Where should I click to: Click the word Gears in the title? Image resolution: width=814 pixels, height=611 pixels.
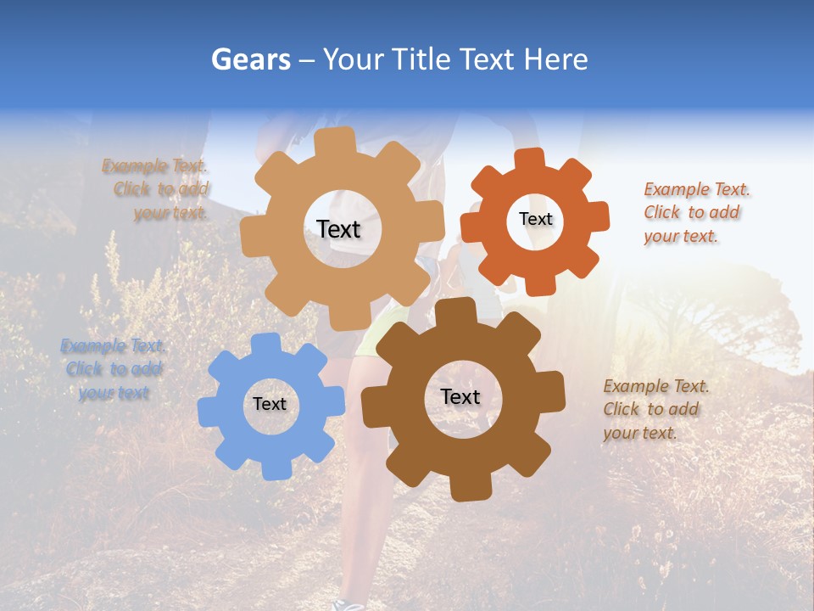click(250, 59)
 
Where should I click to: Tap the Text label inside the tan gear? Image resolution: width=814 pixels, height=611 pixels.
click(338, 229)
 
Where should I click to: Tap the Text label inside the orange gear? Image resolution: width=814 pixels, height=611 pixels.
click(535, 219)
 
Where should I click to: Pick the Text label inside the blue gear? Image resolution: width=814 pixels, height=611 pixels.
click(269, 404)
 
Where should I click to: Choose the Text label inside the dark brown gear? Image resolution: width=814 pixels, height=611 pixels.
click(460, 396)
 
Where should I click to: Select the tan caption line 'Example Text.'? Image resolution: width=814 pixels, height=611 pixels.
click(154, 165)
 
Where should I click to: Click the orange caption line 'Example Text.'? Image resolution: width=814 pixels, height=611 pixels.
click(697, 189)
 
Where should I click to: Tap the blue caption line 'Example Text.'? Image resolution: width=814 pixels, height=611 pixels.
click(113, 345)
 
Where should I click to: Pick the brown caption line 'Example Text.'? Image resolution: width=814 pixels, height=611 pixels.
click(656, 386)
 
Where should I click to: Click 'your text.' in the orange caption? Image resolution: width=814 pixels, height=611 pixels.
click(681, 237)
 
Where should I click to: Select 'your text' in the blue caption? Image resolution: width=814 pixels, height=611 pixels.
click(114, 393)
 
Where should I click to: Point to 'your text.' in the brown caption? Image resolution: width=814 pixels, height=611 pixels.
click(640, 433)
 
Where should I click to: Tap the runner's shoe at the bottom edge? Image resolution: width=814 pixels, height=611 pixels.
click(348, 604)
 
